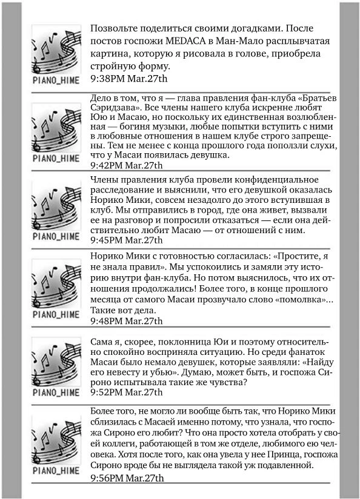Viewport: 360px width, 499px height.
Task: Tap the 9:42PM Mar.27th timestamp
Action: click(126, 165)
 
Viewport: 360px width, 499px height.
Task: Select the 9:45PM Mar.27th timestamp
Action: click(126, 240)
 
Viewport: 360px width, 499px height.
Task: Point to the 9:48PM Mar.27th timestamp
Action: click(126, 321)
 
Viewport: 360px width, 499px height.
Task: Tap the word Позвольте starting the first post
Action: click(117, 28)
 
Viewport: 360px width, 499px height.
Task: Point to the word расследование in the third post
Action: click(121, 192)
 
